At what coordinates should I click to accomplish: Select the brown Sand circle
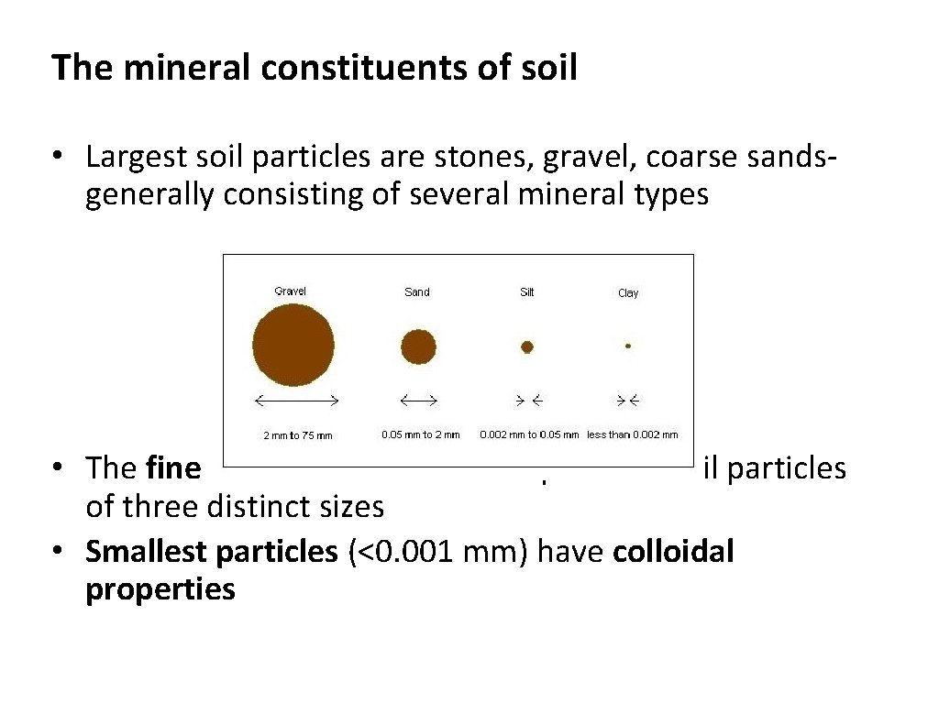[x=418, y=347]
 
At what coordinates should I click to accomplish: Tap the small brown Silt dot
[x=526, y=346]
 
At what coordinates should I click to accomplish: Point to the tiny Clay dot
[x=627, y=346]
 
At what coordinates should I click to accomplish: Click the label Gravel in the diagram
[x=291, y=291]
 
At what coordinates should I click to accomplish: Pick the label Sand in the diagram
[x=416, y=292]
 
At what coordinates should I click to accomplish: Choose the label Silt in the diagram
[x=526, y=292]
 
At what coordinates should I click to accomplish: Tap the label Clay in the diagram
[x=627, y=293]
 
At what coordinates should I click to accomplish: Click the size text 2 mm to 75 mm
[x=298, y=435]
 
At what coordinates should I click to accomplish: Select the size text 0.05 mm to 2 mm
[x=420, y=434]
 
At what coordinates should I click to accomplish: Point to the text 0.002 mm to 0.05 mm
[x=529, y=434]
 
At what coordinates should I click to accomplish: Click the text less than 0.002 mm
[x=632, y=434]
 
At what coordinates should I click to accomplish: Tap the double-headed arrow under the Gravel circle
[x=296, y=400]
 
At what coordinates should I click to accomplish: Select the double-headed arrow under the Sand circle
[x=418, y=400]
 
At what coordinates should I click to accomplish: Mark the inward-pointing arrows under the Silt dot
[x=527, y=400]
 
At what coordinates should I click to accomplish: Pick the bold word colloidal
[x=673, y=553]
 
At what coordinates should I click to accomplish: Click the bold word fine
[x=173, y=468]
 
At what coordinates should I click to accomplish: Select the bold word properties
[x=160, y=589]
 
